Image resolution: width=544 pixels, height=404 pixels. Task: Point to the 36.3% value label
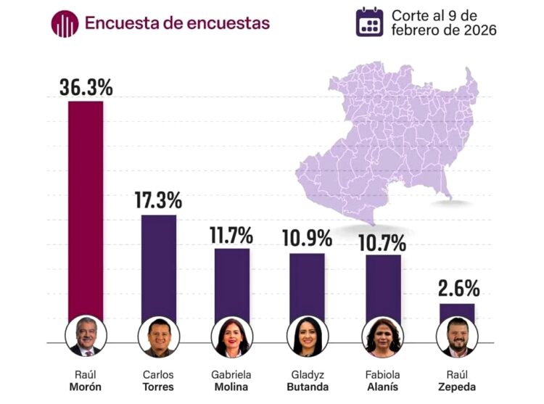tap(86, 88)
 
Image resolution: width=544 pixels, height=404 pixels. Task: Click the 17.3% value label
tap(158, 201)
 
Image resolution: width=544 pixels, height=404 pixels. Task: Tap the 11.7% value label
tap(232, 235)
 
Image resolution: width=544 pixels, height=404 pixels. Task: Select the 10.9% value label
tap(307, 239)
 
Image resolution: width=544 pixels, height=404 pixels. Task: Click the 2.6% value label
tap(458, 289)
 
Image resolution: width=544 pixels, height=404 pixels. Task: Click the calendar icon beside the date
tap(370, 22)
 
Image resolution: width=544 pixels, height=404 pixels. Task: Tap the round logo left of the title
tap(65, 23)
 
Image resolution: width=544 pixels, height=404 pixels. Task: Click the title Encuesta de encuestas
tap(177, 23)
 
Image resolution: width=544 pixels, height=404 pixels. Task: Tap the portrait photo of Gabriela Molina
tap(232, 338)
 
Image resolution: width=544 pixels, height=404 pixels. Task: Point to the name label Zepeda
tap(458, 387)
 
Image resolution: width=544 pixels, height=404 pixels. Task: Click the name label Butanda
tap(307, 387)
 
